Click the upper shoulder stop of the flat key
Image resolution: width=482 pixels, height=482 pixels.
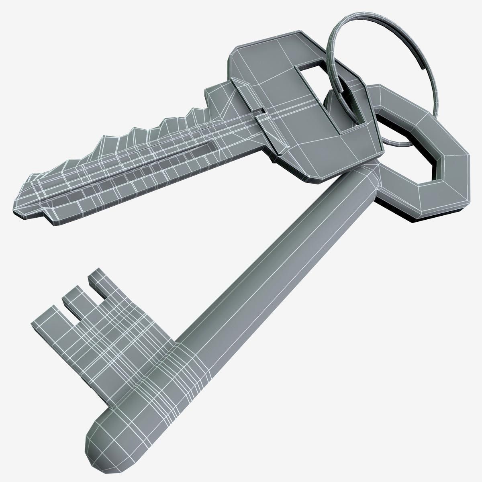(241, 90)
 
